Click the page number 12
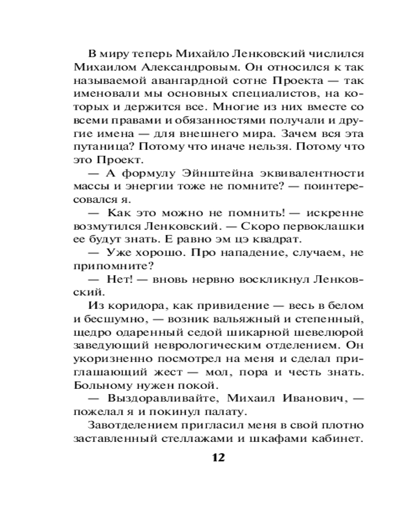218,457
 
